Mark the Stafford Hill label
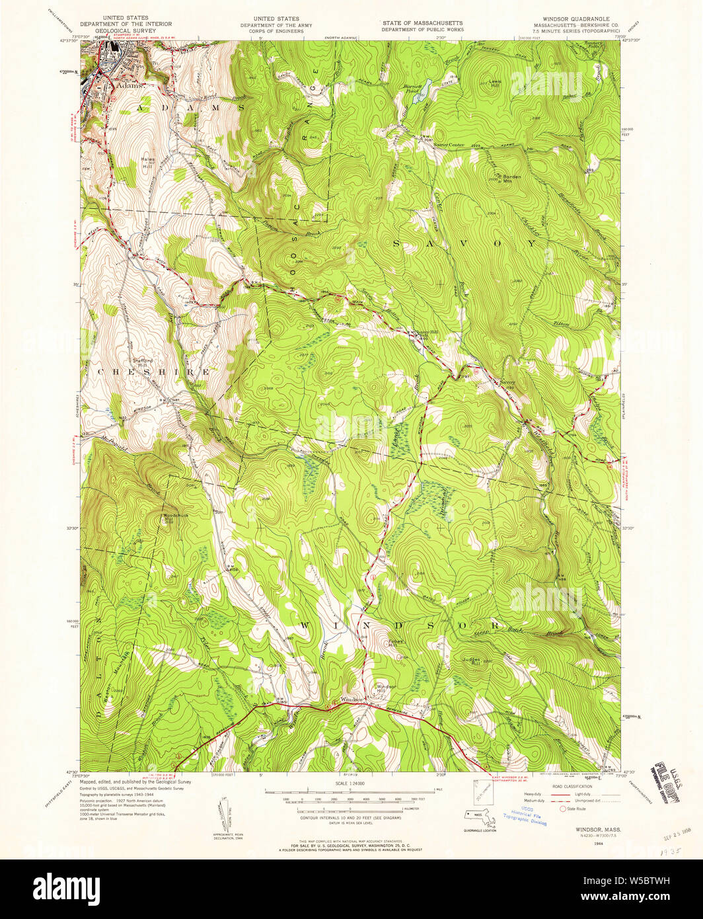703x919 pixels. (x=143, y=362)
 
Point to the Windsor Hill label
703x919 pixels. (x=386, y=688)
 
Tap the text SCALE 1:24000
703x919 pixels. (x=351, y=784)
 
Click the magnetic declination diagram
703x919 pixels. (x=222, y=813)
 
